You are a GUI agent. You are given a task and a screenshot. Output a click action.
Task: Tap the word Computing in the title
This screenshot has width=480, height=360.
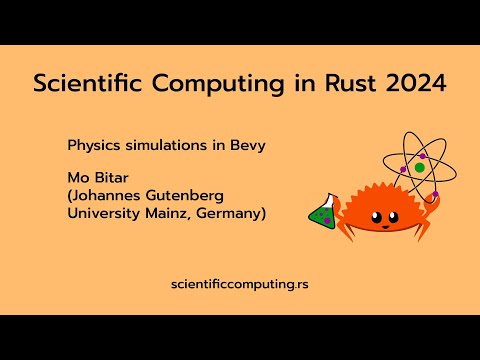[209, 85]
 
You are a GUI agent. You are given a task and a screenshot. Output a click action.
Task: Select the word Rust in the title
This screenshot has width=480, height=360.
[343, 84]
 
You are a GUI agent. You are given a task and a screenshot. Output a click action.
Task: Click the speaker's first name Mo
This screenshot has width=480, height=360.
[77, 180]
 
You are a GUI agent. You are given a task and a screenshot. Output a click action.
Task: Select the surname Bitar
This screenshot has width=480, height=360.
[111, 180]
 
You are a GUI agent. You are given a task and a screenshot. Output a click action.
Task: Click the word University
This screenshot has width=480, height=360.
[103, 214]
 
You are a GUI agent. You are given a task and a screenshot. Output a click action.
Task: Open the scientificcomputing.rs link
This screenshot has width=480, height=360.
[240, 285]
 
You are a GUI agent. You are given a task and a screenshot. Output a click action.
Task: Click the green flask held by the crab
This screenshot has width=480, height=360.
[321, 211]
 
